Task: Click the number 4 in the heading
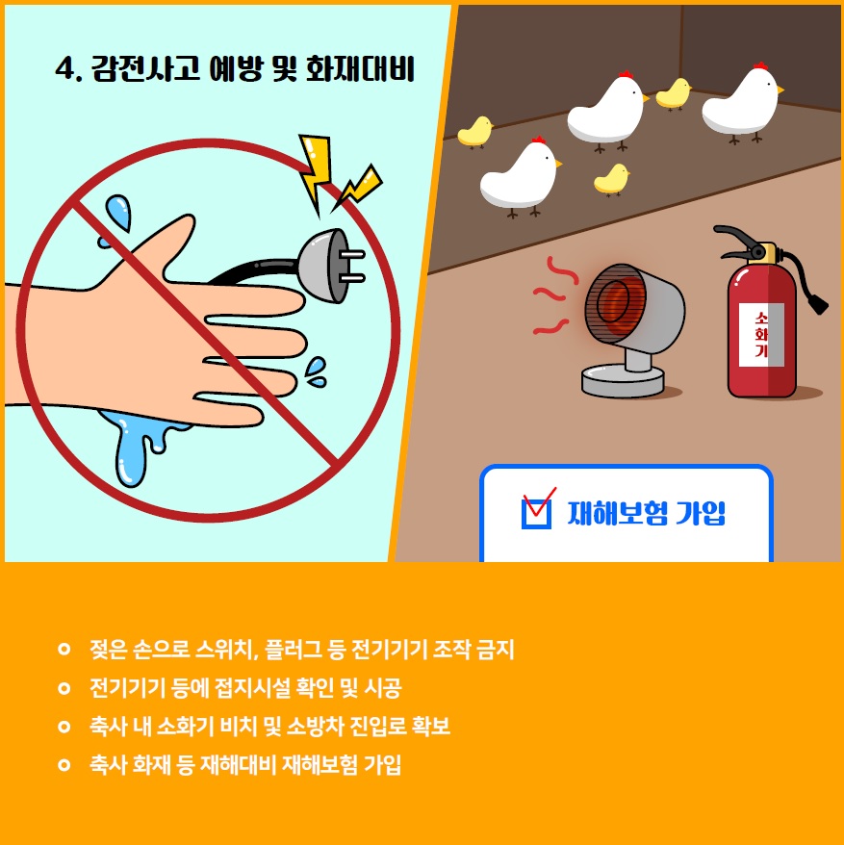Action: click(x=64, y=69)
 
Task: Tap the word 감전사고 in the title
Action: click(x=145, y=69)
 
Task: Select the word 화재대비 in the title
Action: click(x=360, y=69)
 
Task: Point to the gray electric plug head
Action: click(x=330, y=265)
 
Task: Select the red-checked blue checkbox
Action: click(x=537, y=510)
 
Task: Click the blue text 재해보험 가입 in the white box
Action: click(x=646, y=513)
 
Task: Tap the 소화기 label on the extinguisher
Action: click(x=761, y=335)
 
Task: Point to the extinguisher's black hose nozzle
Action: click(x=818, y=303)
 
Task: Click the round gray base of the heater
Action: click(x=623, y=380)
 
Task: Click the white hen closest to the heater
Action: click(x=520, y=175)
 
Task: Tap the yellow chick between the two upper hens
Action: click(x=673, y=93)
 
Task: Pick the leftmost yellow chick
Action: click(x=474, y=132)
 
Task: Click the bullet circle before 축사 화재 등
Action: click(x=64, y=765)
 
